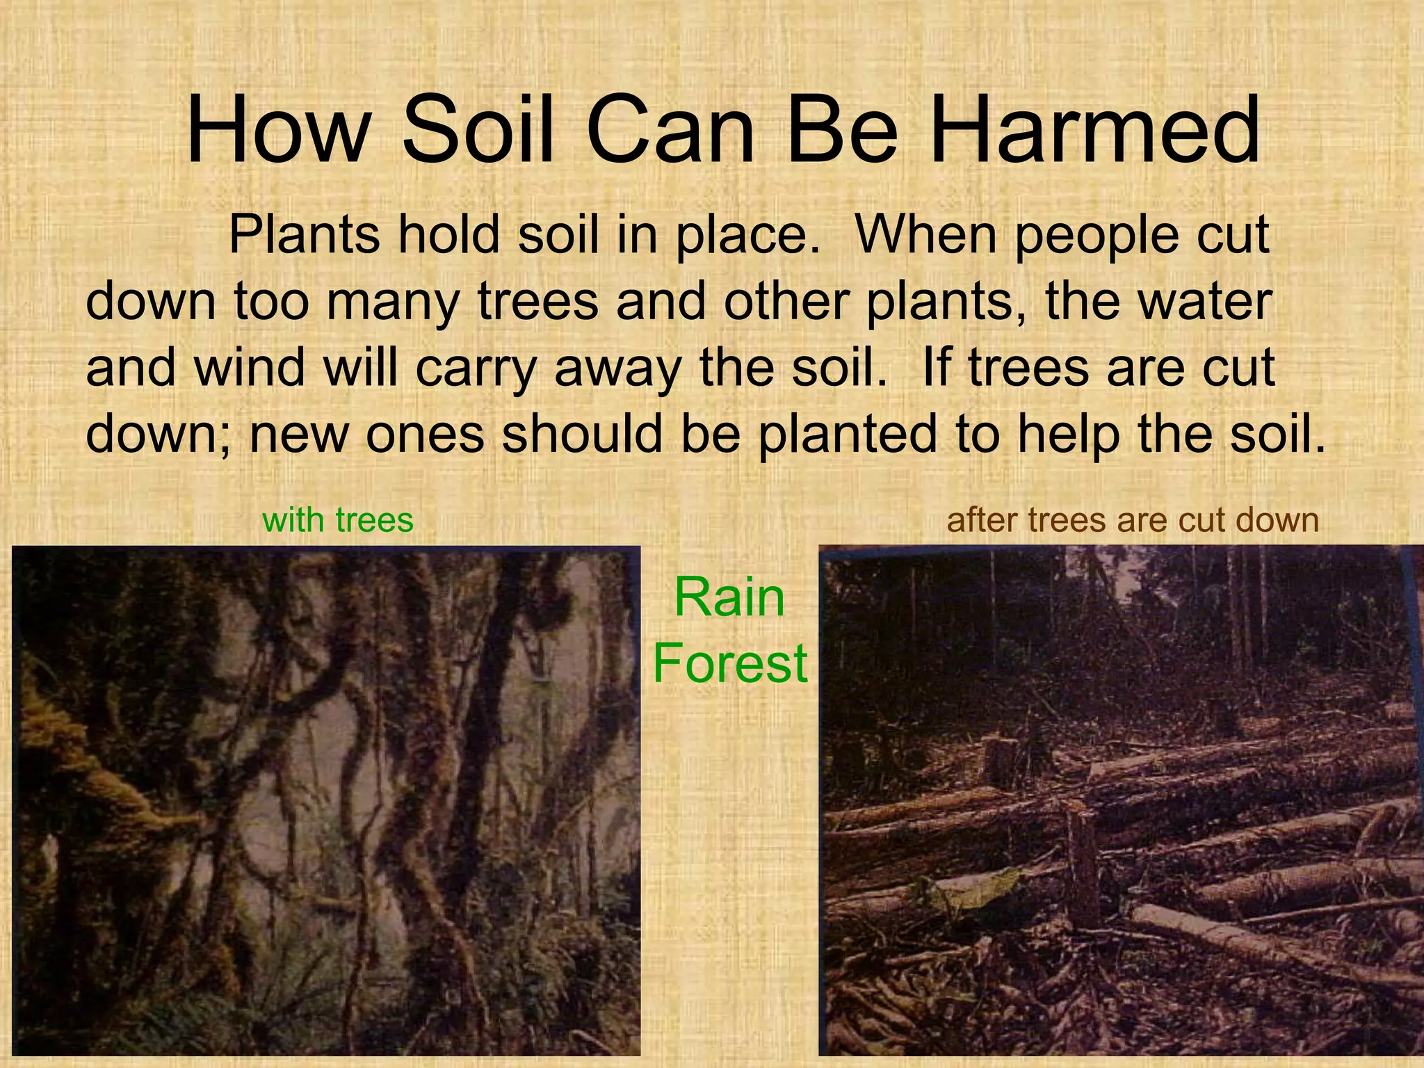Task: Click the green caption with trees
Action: click(338, 520)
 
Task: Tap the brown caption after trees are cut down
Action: click(1133, 520)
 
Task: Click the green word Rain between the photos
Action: click(729, 597)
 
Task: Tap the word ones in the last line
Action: click(425, 435)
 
